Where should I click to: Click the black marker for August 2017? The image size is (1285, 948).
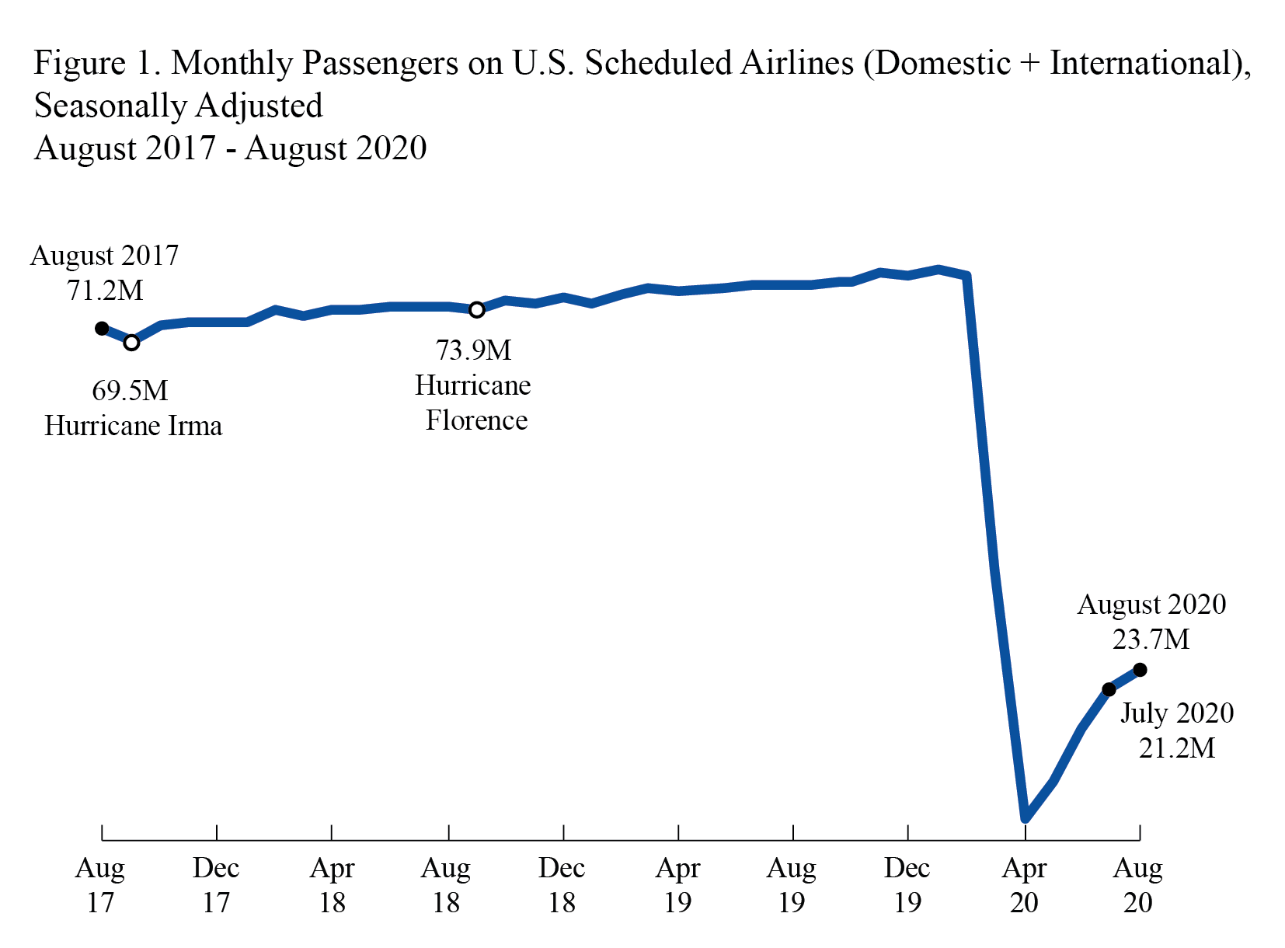pyautogui.click(x=102, y=329)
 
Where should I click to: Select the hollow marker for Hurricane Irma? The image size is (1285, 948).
pyautogui.click(x=132, y=343)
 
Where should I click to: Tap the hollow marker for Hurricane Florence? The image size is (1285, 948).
pyautogui.click(x=477, y=310)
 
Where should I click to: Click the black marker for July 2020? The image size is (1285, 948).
pyautogui.click(x=1109, y=689)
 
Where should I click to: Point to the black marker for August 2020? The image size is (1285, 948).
pyautogui.click(x=1140, y=670)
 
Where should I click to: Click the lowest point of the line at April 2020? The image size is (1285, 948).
pyautogui.click(x=1026, y=817)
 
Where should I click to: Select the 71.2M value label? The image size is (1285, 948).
pyautogui.click(x=105, y=291)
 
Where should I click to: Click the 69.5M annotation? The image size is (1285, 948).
pyautogui.click(x=130, y=390)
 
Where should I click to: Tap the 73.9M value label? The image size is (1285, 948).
pyautogui.click(x=473, y=350)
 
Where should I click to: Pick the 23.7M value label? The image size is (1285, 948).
pyautogui.click(x=1151, y=640)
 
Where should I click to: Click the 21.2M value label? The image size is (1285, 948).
pyautogui.click(x=1176, y=748)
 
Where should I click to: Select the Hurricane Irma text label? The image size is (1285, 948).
pyautogui.click(x=133, y=426)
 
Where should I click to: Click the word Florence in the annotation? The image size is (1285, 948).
pyautogui.click(x=476, y=420)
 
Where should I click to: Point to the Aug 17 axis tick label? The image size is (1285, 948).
pyautogui.click(x=100, y=884)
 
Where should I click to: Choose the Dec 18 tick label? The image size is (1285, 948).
pyautogui.click(x=562, y=884)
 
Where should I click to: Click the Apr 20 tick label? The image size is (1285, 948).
pyautogui.click(x=1024, y=884)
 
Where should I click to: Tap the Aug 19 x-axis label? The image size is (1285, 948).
pyautogui.click(x=791, y=884)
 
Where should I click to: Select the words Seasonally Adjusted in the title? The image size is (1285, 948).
pyautogui.click(x=178, y=106)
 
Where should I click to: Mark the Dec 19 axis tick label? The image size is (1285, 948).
pyautogui.click(x=907, y=884)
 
